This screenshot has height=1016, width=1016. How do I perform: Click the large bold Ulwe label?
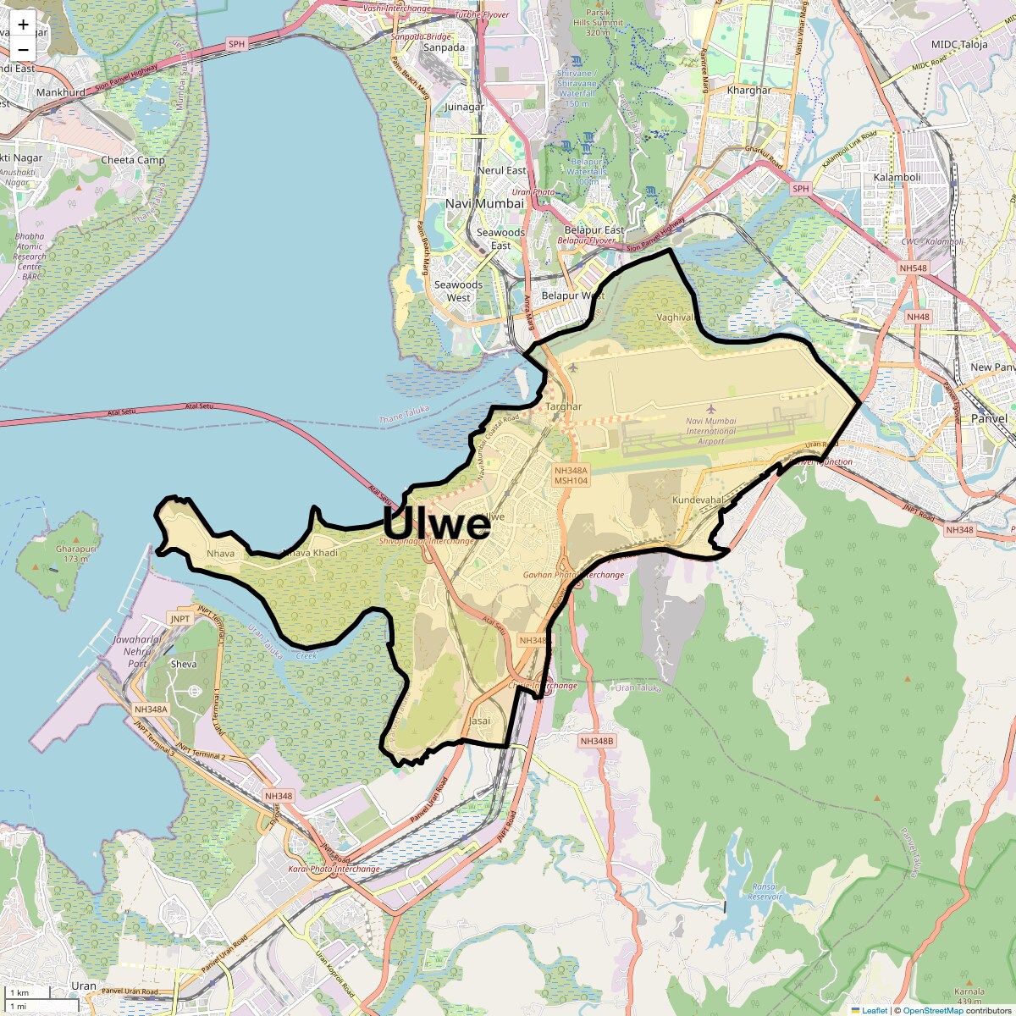(x=437, y=523)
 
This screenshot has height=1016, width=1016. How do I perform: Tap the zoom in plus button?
(x=23, y=24)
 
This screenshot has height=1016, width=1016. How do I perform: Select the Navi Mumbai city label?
(x=484, y=203)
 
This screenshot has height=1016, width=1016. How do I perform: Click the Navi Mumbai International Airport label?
(x=711, y=431)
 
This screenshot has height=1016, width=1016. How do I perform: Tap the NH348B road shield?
(x=597, y=741)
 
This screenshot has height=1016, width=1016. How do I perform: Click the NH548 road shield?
(x=914, y=268)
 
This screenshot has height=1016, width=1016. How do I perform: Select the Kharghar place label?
(x=749, y=90)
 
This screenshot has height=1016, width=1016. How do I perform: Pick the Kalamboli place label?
(x=897, y=177)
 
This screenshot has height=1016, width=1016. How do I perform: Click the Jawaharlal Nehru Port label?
(x=136, y=651)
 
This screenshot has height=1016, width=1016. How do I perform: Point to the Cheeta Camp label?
(x=133, y=160)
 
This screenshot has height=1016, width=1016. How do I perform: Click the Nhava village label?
(x=220, y=554)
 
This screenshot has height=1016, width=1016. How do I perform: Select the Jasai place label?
(x=479, y=721)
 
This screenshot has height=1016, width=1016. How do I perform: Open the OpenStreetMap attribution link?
(x=932, y=1010)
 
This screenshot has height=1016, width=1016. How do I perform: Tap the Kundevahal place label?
(x=698, y=500)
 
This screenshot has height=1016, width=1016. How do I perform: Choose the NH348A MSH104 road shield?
(x=571, y=475)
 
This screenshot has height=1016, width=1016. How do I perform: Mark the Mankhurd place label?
(x=60, y=92)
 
